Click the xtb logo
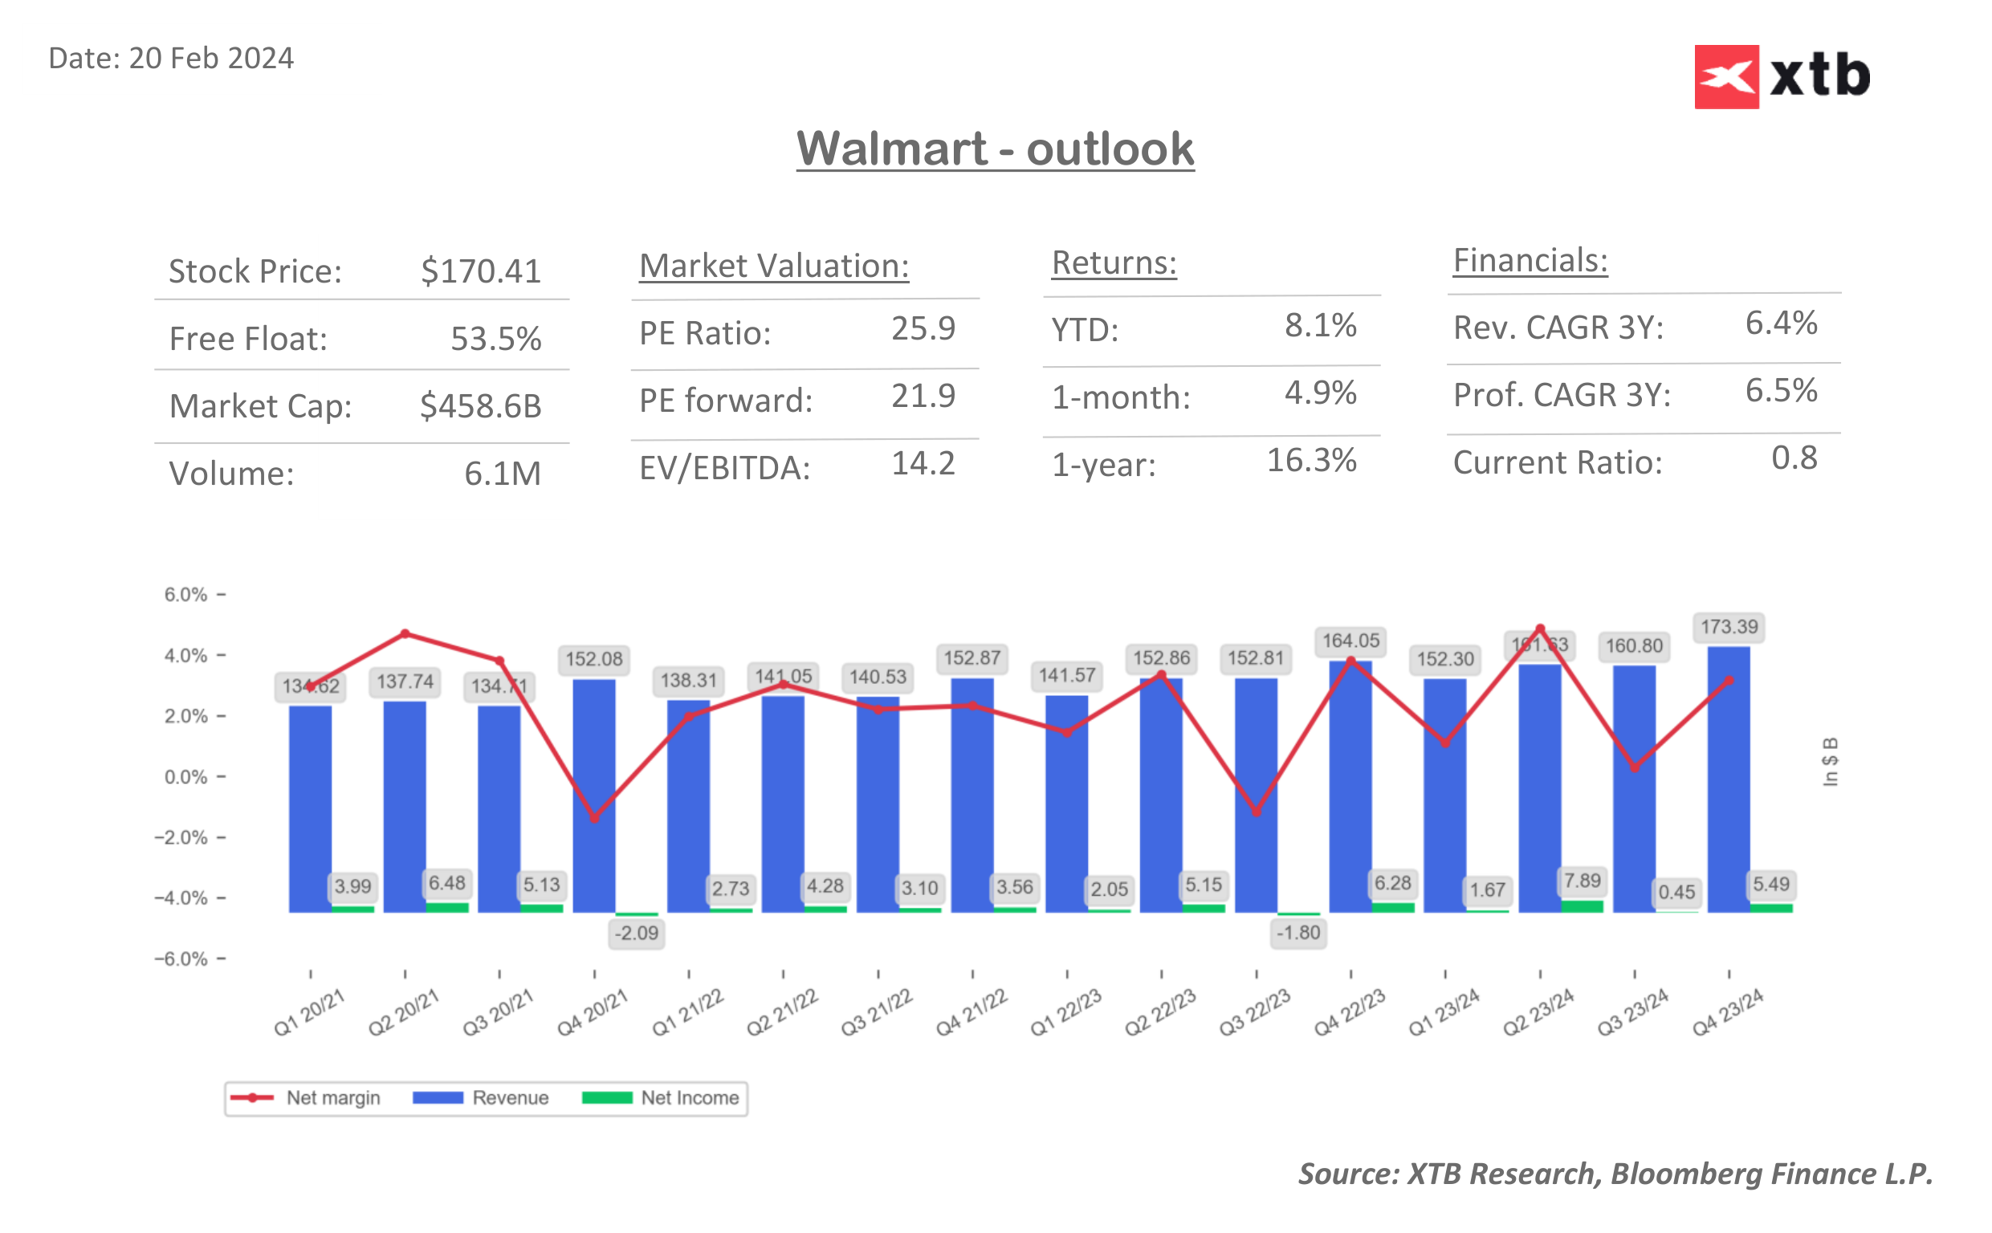pyautogui.click(x=1782, y=76)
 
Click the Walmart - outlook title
pyautogui.click(x=995, y=149)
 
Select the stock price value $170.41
pyautogui.click(x=480, y=271)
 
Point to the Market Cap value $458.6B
pyautogui.click(x=480, y=405)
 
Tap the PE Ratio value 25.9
pyautogui.click(x=923, y=328)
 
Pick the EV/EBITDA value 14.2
pyautogui.click(x=923, y=463)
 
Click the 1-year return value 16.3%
pyautogui.click(x=1310, y=461)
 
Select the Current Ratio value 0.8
pyautogui.click(x=1794, y=458)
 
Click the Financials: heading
pyautogui.click(x=1530, y=261)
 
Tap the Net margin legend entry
pyautogui.click(x=305, y=1097)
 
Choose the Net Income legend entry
pyautogui.click(x=661, y=1097)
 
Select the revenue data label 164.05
pyautogui.click(x=1350, y=641)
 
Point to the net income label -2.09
pyautogui.click(x=636, y=933)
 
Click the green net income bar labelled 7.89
pyautogui.click(x=1582, y=906)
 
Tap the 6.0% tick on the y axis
pyautogui.click(x=186, y=595)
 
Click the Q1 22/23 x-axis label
pyautogui.click(x=1065, y=1012)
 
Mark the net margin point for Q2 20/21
pyautogui.click(x=405, y=633)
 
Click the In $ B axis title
pyautogui.click(x=1830, y=762)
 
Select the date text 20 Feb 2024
pyautogui.click(x=210, y=59)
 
